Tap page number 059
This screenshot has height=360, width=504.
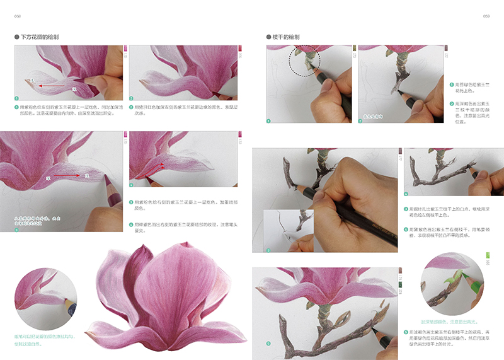point(486,16)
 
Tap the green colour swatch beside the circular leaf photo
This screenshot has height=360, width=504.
point(486,258)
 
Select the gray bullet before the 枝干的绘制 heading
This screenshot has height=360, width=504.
point(269,37)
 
